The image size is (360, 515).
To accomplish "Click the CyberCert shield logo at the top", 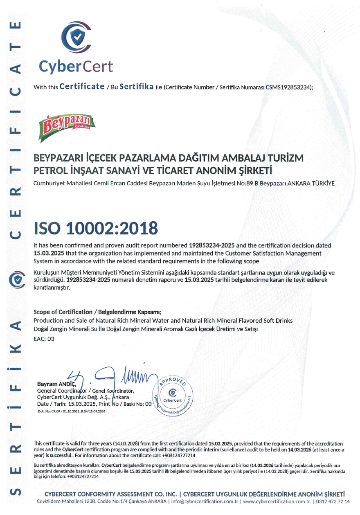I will pyautogui.click(x=76, y=38).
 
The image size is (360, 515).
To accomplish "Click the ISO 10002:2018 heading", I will pyautogui.click(x=96, y=228).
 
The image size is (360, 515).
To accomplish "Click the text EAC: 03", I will pyautogui.click(x=44, y=339).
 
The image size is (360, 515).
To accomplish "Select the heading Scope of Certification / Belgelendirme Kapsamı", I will pyautogui.click(x=97, y=311).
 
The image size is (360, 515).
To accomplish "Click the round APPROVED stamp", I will pyautogui.click(x=171, y=396).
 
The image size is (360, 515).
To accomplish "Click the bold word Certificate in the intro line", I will pyautogui.click(x=82, y=86).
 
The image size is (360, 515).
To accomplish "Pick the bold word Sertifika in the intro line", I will pyautogui.click(x=137, y=86).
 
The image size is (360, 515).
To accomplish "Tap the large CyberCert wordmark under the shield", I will pyautogui.click(x=76, y=66).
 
